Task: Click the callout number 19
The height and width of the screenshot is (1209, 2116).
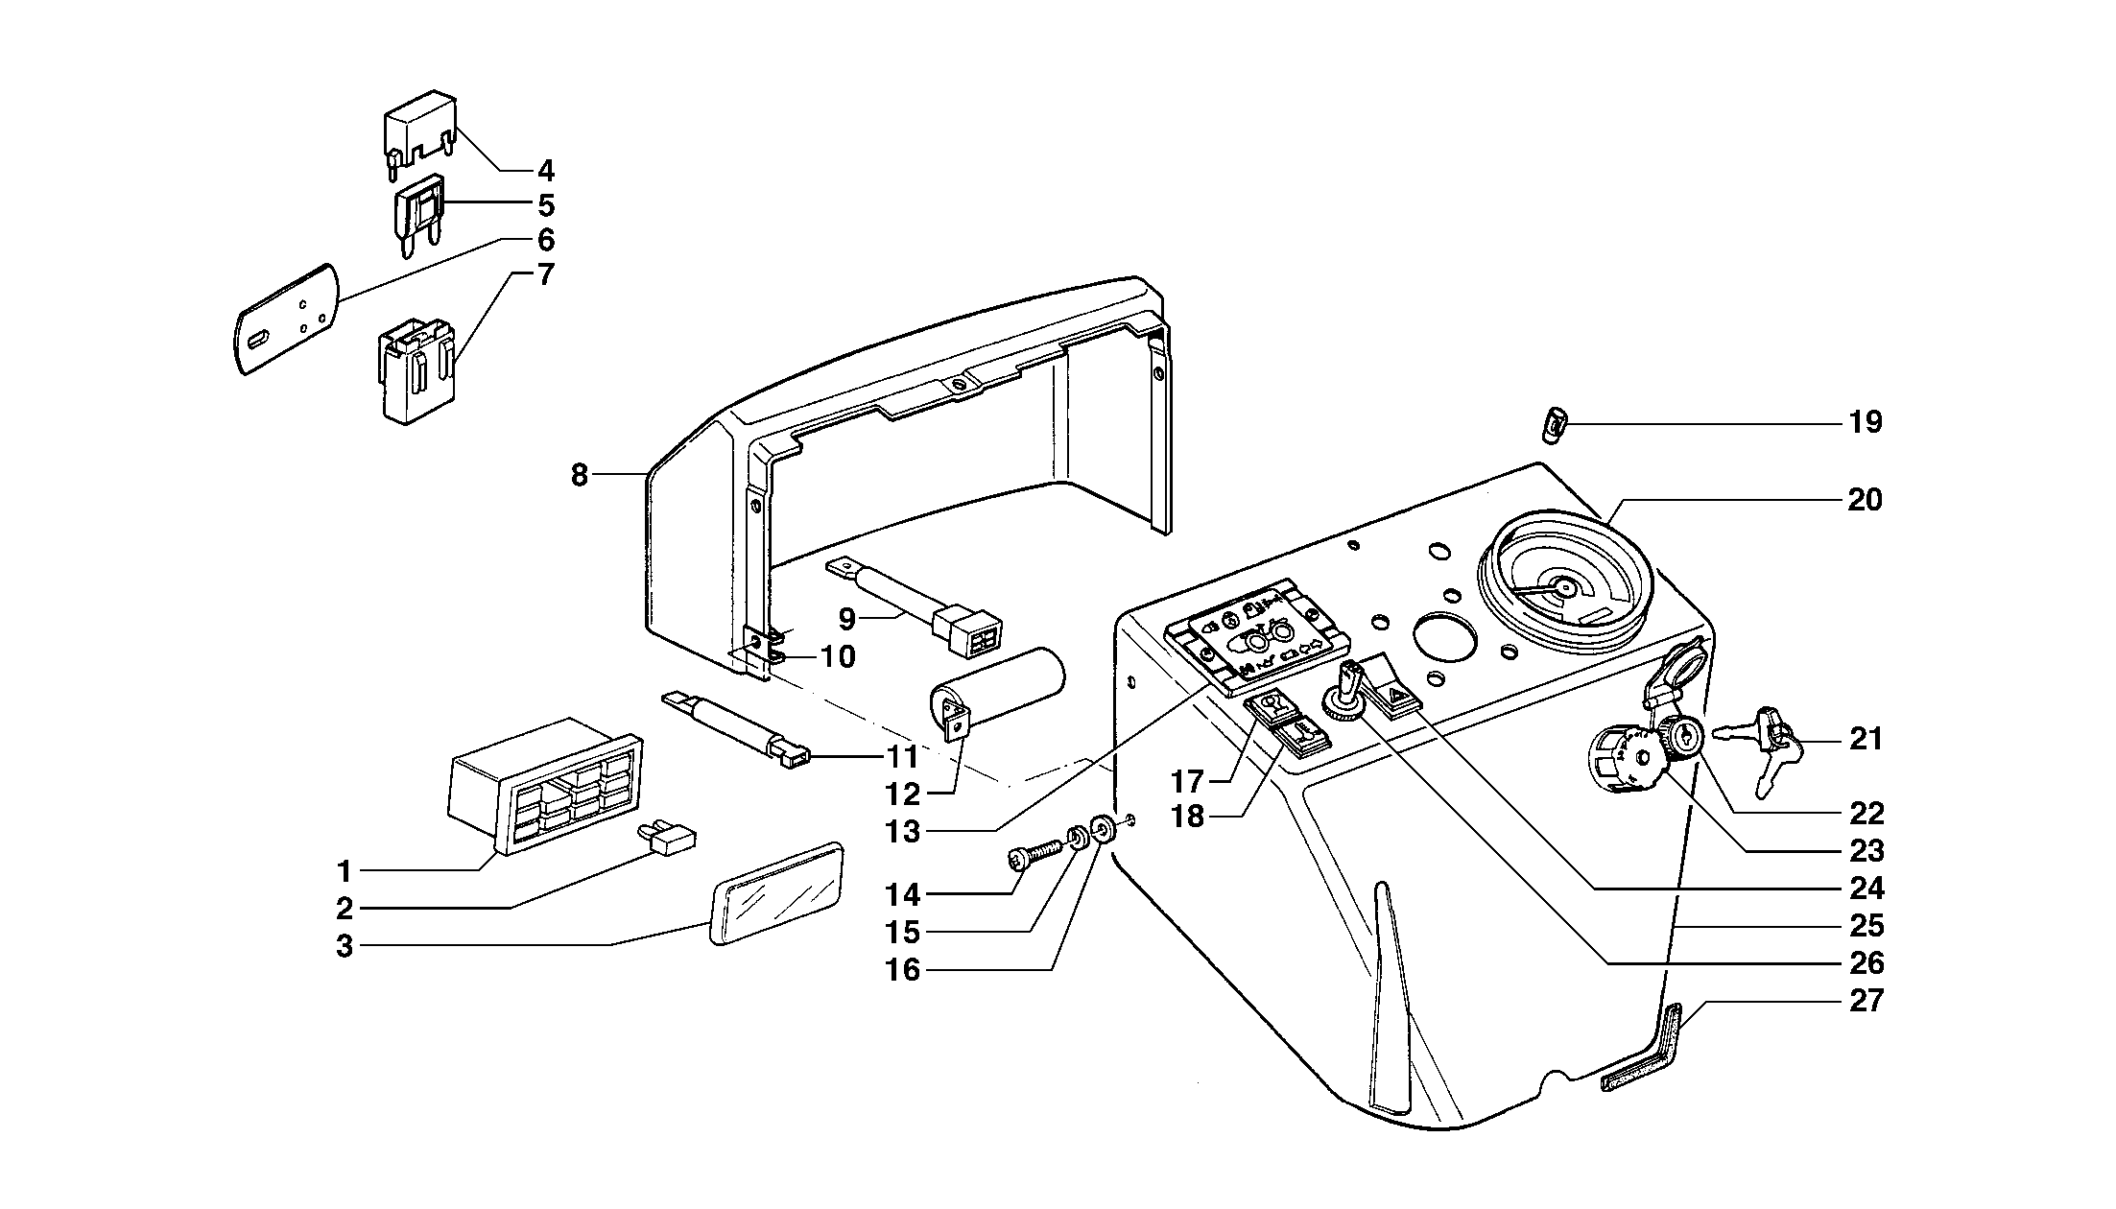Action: coord(1866,422)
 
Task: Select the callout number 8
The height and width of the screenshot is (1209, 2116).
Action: coord(579,474)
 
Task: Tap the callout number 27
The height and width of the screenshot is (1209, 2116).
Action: coord(1866,1001)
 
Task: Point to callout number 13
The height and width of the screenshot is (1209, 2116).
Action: coord(902,832)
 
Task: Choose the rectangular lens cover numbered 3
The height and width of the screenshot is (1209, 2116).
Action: coord(776,894)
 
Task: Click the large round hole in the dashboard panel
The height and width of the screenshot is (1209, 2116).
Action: coord(1444,640)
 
